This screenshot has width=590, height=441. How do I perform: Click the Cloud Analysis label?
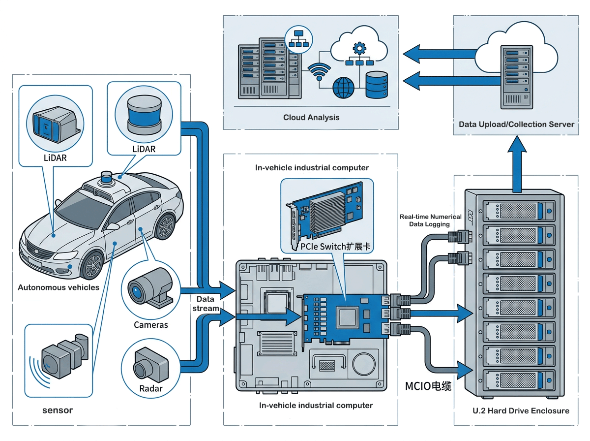point(311,118)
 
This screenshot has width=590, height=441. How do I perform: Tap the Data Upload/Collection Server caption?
point(516,125)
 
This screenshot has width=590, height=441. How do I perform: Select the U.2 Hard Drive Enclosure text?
point(520,410)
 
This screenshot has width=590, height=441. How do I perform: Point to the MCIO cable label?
point(428,386)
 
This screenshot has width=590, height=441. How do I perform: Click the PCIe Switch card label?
point(335,247)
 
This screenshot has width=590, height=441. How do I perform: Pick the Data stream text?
point(205,304)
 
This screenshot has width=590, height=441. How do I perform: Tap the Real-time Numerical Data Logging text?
point(430,220)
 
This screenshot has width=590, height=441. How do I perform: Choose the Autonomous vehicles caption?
point(59,287)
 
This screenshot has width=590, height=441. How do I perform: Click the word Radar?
point(150,389)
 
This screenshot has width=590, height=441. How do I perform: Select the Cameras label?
point(151,325)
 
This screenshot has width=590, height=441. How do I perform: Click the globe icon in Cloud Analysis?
point(343,87)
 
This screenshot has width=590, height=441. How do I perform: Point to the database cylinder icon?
point(377,85)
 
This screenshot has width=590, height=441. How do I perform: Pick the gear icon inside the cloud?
point(360,48)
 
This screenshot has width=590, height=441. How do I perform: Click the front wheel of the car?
point(92,266)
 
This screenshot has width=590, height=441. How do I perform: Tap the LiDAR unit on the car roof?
point(107,178)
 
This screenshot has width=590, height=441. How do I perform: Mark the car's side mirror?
point(113,226)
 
